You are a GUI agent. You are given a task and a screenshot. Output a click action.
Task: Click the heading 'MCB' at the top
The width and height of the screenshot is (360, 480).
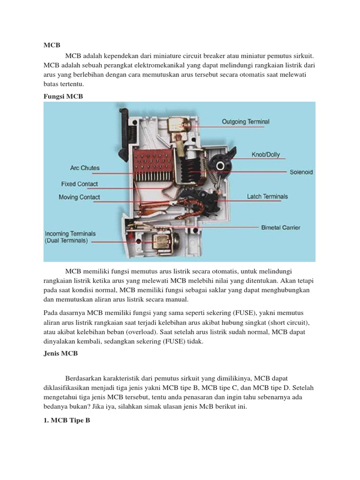coord(52,45)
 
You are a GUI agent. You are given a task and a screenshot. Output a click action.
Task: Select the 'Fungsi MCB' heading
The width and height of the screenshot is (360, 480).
coord(63,96)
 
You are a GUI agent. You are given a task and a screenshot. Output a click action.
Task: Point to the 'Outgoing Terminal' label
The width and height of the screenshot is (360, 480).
coord(246,122)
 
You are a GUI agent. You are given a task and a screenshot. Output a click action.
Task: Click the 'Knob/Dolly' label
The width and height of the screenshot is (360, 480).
coord(265,154)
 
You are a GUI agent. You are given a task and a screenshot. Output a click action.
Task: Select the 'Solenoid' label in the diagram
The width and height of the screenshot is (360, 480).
coord(301,172)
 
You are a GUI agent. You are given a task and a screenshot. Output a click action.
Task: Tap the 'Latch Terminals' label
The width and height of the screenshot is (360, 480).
coord(267,196)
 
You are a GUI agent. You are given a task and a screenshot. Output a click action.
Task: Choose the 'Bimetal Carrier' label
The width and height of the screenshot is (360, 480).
coord(280,227)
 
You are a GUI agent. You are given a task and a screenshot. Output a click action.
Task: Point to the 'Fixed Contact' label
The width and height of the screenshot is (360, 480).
coord(80,184)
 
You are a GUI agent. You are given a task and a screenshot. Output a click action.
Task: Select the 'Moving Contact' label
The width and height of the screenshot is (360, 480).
coord(79,197)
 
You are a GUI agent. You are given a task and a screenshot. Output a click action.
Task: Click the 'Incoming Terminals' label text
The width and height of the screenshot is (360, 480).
coord(70,233)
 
